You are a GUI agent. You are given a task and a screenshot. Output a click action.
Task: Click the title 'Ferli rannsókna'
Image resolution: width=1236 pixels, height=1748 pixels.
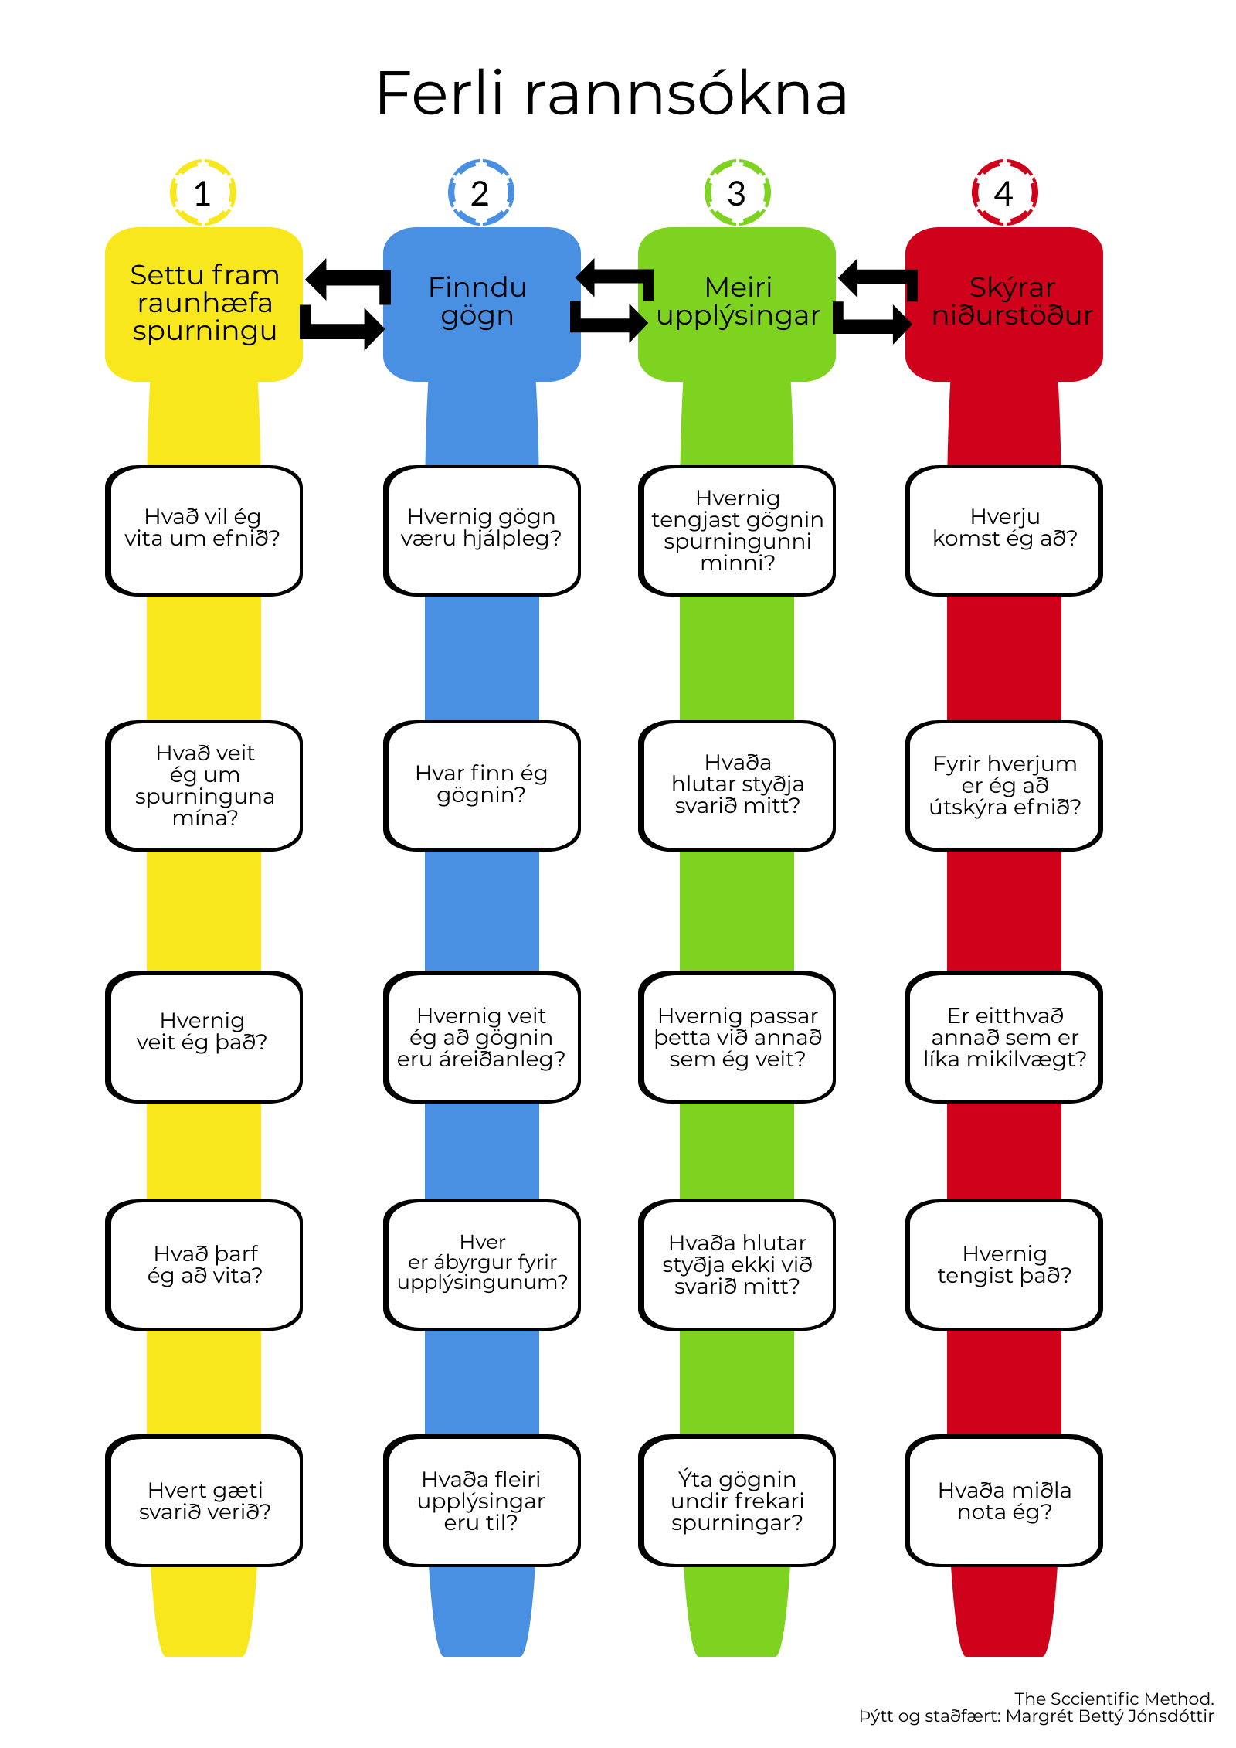coord(611,94)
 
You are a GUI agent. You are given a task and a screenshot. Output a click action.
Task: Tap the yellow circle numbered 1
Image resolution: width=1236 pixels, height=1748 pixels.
coord(203,193)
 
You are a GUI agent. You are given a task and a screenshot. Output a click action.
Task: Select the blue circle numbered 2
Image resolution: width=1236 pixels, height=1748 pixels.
coord(480,193)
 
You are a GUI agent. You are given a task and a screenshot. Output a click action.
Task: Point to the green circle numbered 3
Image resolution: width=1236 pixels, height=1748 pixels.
coord(737,193)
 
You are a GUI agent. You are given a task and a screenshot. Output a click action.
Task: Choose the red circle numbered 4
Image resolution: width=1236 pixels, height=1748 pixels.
coord(1003,193)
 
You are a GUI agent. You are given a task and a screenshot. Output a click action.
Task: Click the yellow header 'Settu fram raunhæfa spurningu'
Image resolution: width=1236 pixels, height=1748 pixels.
coord(204,303)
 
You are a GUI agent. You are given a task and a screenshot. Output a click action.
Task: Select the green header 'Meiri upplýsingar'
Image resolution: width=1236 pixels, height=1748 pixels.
coord(737,303)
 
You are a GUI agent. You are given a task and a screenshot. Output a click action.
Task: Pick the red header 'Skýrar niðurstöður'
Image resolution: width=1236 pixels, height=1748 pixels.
coord(1004,303)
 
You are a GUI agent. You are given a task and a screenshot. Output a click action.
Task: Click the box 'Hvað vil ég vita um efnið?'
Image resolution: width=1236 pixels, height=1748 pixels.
coord(204,529)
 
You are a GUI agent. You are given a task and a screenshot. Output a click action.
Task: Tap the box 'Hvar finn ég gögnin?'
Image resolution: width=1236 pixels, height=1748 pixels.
coord(481,785)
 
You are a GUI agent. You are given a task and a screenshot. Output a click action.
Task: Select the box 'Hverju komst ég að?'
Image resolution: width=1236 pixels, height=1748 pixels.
coord(1004,529)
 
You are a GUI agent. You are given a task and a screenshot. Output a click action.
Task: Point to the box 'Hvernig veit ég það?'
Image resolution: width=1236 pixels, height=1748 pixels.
coord(204,1036)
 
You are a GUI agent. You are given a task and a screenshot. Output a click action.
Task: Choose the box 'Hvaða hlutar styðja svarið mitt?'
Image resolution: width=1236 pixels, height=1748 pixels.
coord(737,785)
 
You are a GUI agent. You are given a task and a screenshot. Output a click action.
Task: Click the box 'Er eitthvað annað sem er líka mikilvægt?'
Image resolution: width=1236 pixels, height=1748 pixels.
coord(1004,1036)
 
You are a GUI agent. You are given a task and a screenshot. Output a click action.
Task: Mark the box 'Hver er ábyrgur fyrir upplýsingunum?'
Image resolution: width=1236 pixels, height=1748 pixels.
coord(481,1264)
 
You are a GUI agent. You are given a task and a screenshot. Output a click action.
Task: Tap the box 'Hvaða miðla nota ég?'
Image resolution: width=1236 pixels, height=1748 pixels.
coord(1004,1501)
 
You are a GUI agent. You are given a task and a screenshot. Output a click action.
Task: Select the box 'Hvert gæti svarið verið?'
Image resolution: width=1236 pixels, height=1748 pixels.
coord(204,1501)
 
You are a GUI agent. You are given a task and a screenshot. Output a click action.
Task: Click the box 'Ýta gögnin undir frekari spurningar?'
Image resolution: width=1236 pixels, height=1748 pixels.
coord(737,1501)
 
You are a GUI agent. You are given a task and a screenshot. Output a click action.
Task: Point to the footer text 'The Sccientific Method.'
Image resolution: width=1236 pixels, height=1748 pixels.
coord(1113,1698)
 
